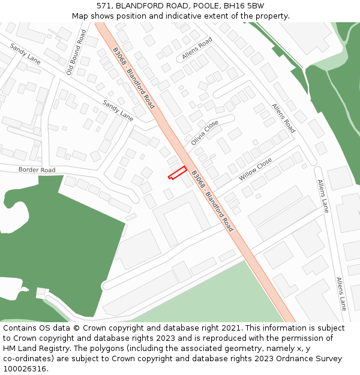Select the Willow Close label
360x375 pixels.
[x=256, y=169]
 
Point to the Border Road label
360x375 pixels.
[x=37, y=170]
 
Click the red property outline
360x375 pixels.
[x=176, y=173]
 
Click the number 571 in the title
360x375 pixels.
[x=104, y=5]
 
